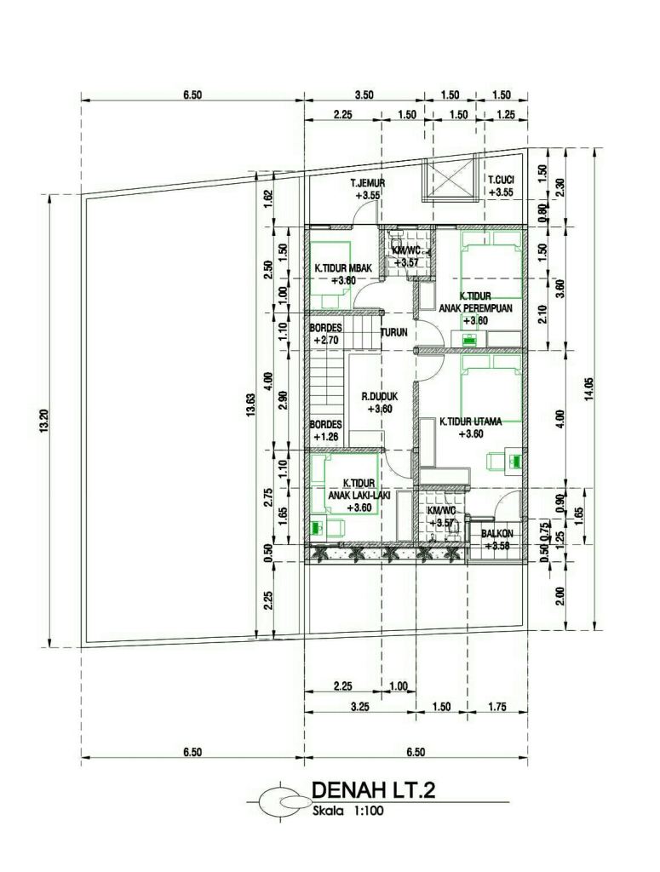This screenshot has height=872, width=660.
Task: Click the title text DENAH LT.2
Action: (x=373, y=790)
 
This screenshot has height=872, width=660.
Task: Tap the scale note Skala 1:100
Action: (x=348, y=811)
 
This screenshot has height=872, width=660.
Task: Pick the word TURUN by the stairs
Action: (x=393, y=333)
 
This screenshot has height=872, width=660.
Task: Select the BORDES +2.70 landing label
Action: (x=325, y=334)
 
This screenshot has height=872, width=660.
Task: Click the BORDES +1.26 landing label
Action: (x=325, y=430)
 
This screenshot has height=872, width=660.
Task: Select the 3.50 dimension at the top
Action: (x=364, y=95)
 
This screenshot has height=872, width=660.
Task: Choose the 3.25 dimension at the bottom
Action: (x=359, y=707)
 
